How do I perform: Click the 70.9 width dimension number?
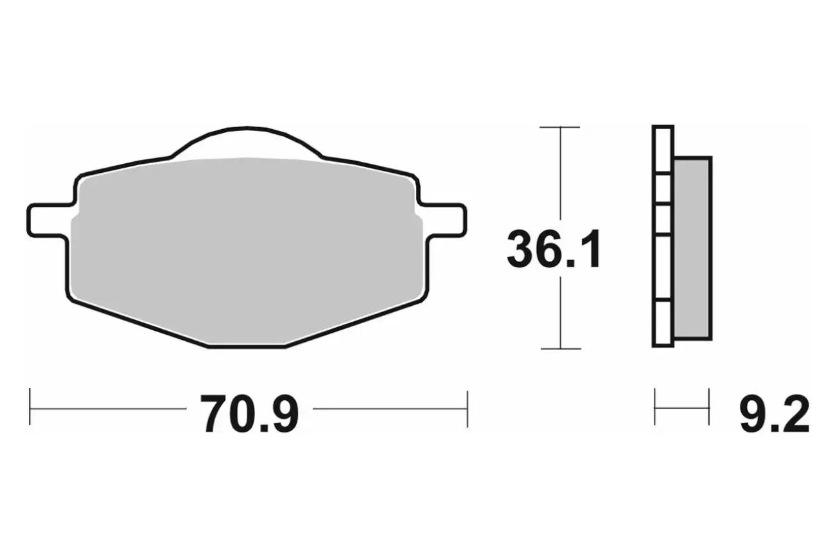(249, 414)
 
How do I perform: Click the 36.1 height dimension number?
(554, 249)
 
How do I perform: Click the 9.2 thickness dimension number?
(775, 414)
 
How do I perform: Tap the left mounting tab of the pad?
(50, 220)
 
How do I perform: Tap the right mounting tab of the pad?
(444, 220)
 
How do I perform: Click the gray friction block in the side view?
(692, 248)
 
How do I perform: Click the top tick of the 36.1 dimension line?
(560, 127)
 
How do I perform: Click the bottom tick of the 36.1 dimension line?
(561, 349)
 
